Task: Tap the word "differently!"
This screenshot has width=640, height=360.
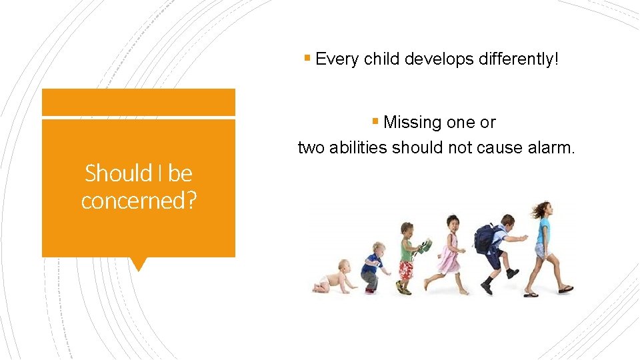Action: (x=519, y=59)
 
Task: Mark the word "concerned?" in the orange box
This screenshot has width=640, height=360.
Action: (x=139, y=200)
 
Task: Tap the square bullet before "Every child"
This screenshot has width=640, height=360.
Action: (x=307, y=58)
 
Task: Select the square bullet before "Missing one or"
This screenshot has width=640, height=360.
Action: (x=376, y=121)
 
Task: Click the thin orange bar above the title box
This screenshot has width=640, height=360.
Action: (x=139, y=103)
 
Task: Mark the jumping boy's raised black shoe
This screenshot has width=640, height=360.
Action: (x=511, y=273)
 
